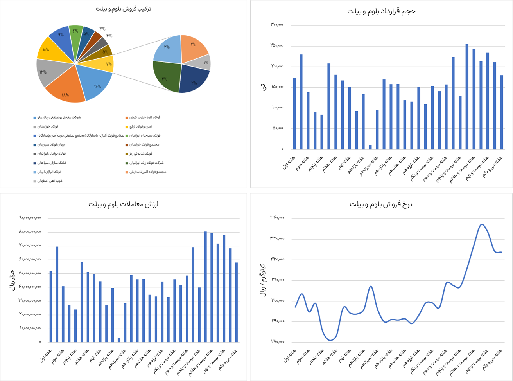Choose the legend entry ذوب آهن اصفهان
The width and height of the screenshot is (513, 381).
tap(50, 181)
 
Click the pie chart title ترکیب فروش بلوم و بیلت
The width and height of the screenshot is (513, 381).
tap(124, 9)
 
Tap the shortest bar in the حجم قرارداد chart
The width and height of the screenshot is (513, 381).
tap(370, 147)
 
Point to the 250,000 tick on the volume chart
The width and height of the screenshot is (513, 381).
tap(277, 46)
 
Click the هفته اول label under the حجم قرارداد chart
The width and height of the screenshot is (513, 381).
tap(290, 162)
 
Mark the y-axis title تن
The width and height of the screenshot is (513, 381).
tap(264, 87)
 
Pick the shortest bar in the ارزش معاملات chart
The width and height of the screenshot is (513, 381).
tap(119, 340)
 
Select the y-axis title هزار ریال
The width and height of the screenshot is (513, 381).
tap(12, 280)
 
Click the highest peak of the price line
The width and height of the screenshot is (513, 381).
tap(482, 224)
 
